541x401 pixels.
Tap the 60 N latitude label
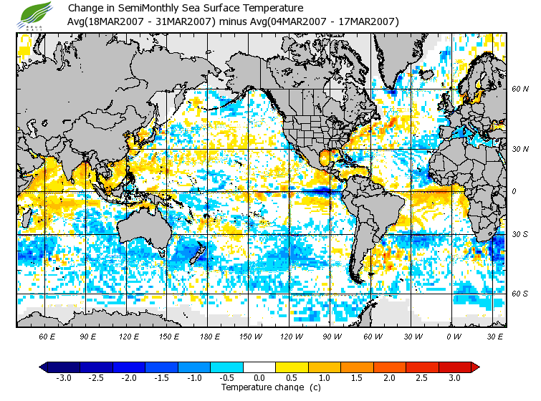(x=520, y=90)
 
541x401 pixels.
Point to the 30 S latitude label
(x=520, y=235)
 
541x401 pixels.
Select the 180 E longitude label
(x=209, y=336)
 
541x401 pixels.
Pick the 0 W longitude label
(x=454, y=336)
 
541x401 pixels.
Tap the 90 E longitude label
(x=87, y=336)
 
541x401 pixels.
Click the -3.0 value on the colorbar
(x=63, y=378)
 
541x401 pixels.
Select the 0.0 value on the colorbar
(x=260, y=378)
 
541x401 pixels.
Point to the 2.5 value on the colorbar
(x=422, y=378)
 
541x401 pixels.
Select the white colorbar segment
(x=259, y=367)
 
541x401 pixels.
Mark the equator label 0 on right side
(x=514, y=191)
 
